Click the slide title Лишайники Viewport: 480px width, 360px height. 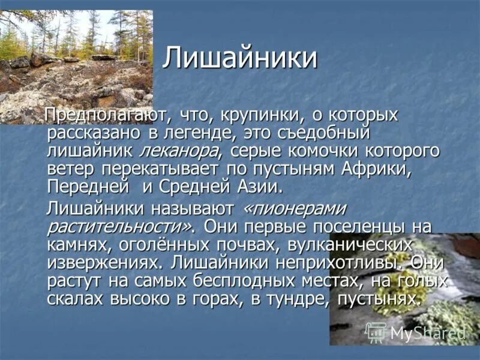click(x=240, y=59)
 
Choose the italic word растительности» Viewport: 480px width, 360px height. click(x=120, y=227)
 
